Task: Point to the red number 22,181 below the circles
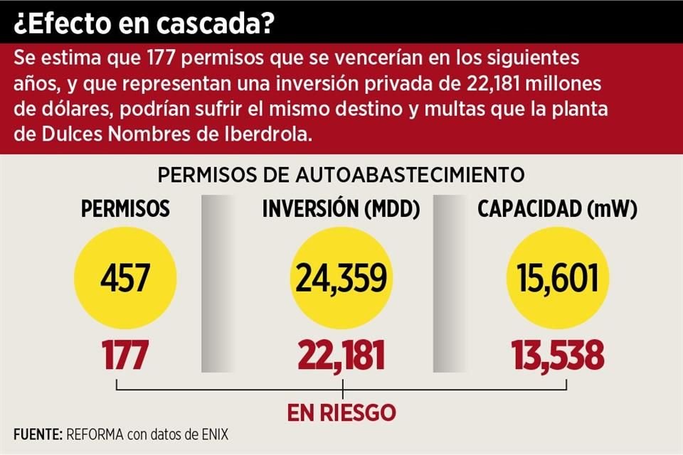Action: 342,355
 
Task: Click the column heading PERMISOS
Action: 125,209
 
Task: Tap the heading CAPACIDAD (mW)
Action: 557,209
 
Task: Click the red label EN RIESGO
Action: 341,412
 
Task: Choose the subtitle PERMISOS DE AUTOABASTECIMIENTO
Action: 341,174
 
